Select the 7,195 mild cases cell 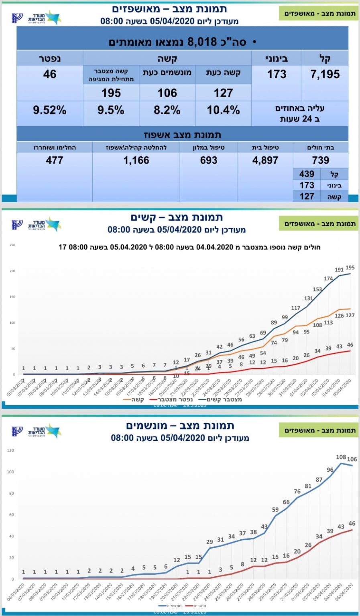point(325,74)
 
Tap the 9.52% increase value point(50,110)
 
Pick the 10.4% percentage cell point(223,110)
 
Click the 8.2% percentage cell point(167,110)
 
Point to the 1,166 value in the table point(136,160)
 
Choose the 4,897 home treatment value point(265,160)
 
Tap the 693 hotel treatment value point(209,160)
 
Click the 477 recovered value point(55,160)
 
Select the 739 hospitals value point(321,160)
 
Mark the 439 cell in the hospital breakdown point(307,174)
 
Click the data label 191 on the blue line point(339,270)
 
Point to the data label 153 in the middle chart point(317,289)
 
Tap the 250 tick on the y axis point(12,245)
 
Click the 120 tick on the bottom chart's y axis point(10,450)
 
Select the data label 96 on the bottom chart point(330,470)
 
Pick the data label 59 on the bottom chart point(275,510)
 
